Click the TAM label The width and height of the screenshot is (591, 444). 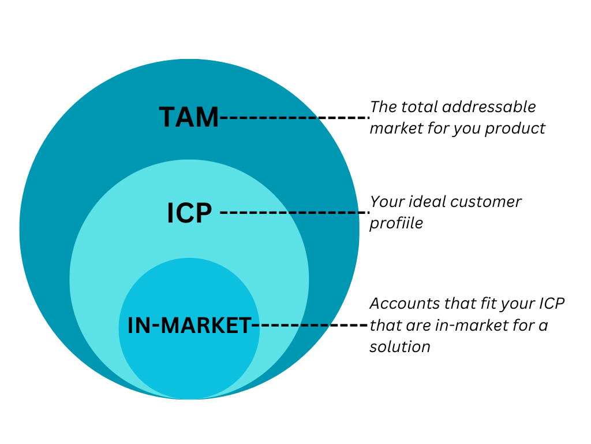(x=189, y=117)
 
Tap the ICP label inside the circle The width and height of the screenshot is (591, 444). (x=189, y=213)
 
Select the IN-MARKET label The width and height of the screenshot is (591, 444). (x=189, y=326)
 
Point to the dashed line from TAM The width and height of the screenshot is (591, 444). (x=294, y=117)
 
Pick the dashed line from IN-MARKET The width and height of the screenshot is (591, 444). (x=310, y=326)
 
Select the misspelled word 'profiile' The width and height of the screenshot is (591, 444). (x=397, y=223)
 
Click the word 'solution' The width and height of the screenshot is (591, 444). (x=400, y=347)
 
